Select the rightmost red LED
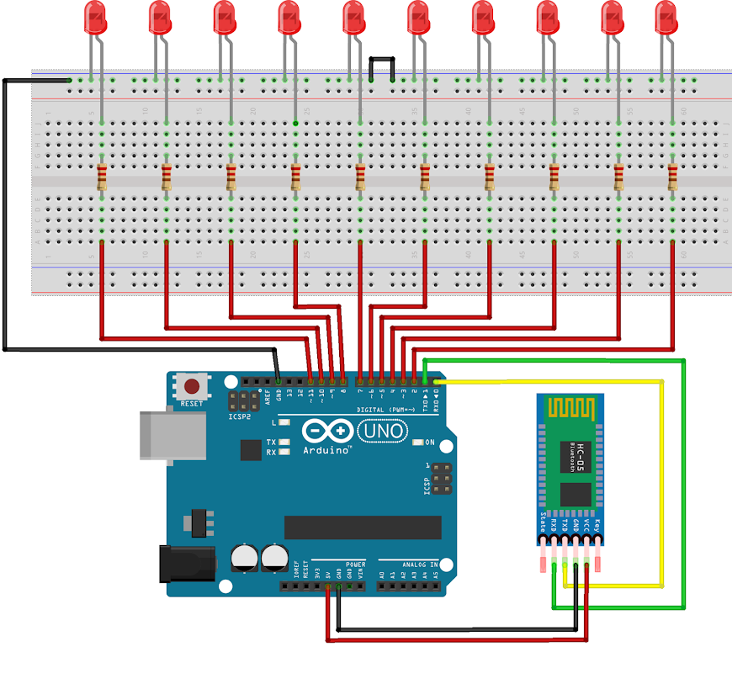[x=666, y=17]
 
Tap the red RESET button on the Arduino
[x=193, y=387]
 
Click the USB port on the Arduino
[x=172, y=436]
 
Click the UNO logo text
[x=383, y=432]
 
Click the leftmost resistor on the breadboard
[x=102, y=178]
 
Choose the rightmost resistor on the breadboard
[x=672, y=178]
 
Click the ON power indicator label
[x=430, y=442]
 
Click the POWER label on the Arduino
[x=355, y=564]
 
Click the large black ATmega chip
[x=363, y=527]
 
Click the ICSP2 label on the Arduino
[x=240, y=417]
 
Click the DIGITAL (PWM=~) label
[x=384, y=410]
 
